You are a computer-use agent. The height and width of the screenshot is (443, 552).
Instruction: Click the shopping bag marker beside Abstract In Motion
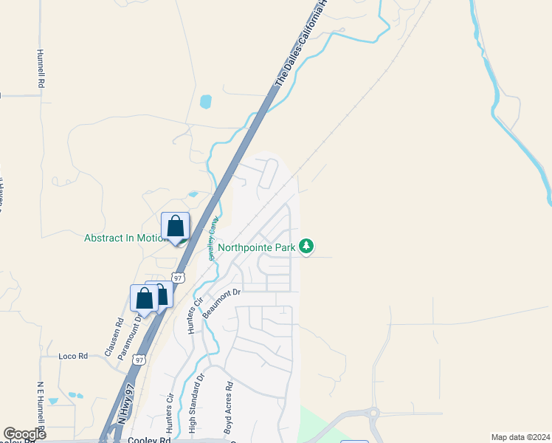tap(176, 226)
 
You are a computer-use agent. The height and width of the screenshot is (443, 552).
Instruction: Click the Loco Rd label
tap(73, 356)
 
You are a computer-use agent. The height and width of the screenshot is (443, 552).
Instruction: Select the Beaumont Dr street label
tap(222, 298)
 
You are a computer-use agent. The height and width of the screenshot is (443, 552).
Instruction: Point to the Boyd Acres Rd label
tap(230, 406)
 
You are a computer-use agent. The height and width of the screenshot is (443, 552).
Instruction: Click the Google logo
tap(24, 434)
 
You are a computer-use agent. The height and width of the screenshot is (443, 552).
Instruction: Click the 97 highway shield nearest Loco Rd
tap(140, 360)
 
